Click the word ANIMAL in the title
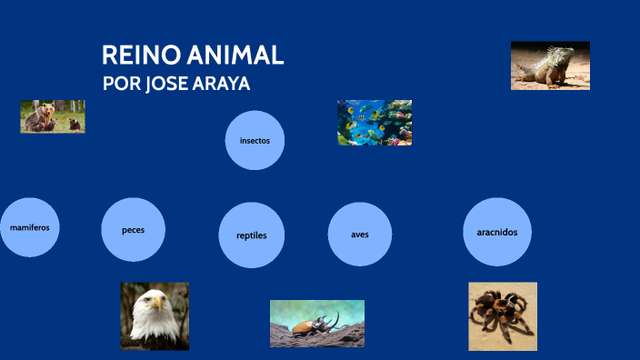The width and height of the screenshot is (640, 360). [x=235, y=55]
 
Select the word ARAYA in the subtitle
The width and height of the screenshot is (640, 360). [x=223, y=84]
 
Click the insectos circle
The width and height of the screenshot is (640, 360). [x=255, y=140]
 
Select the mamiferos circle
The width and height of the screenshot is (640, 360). [x=29, y=226]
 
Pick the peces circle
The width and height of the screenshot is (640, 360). [x=134, y=229]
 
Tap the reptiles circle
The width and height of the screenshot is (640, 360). [x=252, y=235]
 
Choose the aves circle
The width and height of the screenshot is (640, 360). [x=360, y=234]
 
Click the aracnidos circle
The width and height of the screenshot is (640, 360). [x=497, y=232]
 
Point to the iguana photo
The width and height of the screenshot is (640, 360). [x=550, y=65]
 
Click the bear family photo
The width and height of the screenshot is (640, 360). [x=53, y=116]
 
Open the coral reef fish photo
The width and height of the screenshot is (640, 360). [x=375, y=123]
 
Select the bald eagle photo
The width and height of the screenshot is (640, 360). [x=155, y=315]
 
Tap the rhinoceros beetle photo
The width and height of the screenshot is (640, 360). [x=316, y=323]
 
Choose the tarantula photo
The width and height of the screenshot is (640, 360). [x=502, y=315]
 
